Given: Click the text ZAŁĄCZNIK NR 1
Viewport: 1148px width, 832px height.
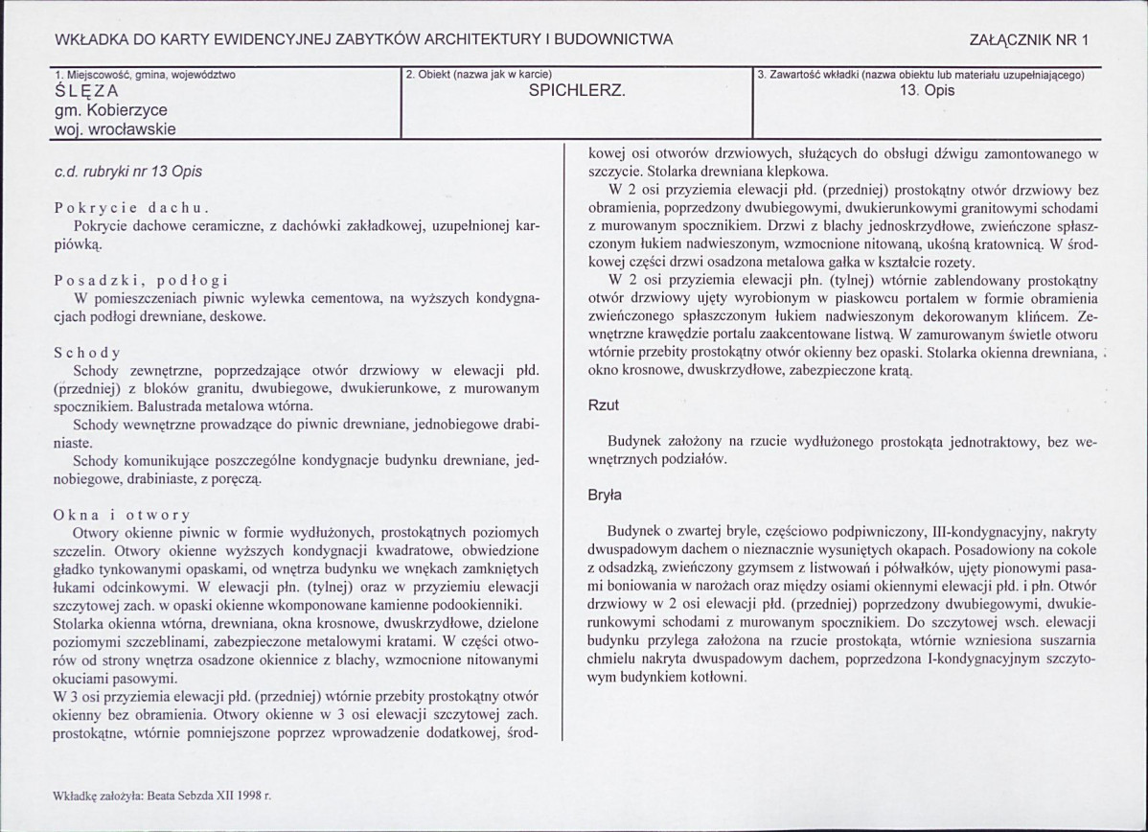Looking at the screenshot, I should (1029, 39).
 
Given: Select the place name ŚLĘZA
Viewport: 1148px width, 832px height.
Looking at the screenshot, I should (87, 92).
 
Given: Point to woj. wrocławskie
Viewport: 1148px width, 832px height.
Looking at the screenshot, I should (115, 128).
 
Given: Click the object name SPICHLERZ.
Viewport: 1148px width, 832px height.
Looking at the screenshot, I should (577, 92).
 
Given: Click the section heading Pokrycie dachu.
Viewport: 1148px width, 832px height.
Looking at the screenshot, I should (131, 208).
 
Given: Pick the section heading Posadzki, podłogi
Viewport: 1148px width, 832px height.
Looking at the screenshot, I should (141, 280).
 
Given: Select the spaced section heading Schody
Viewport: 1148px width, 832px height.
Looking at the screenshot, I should (87, 352).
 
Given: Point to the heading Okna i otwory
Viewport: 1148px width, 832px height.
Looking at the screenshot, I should (122, 515).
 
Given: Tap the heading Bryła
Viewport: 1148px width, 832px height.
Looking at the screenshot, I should (605, 496).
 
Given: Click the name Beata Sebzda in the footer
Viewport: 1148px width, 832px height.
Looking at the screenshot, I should (181, 795).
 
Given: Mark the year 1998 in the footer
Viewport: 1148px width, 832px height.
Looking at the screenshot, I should (249, 795).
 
